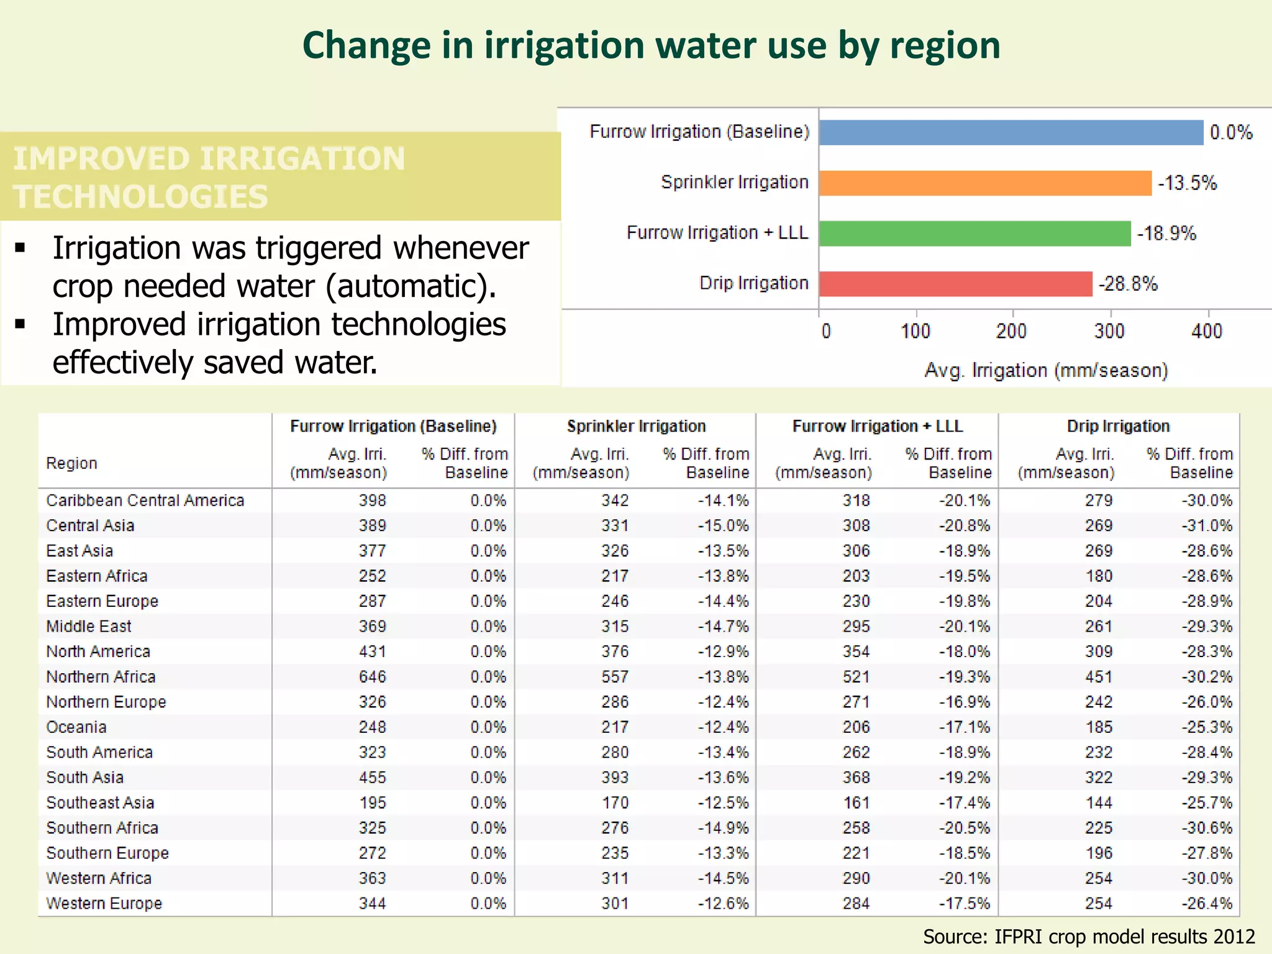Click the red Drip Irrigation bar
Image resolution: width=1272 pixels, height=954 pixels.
coord(955,284)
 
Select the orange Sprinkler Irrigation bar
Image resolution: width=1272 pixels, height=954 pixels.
coord(985,183)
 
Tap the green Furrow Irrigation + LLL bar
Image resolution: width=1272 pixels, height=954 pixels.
coord(974,234)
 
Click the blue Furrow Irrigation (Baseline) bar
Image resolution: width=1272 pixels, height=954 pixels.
coord(1011,132)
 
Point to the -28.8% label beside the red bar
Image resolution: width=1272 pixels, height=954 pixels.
coord(1128,284)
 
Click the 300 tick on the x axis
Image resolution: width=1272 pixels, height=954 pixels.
coord(1109,330)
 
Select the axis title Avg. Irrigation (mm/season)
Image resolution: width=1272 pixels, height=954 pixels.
coord(1046,371)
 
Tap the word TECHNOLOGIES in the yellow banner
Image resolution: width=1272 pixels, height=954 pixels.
coord(141,197)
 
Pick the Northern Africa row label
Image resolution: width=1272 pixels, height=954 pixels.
coord(101,677)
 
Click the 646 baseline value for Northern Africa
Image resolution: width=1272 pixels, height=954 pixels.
coord(372,677)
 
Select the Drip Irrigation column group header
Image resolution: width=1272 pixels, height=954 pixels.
coord(1118,426)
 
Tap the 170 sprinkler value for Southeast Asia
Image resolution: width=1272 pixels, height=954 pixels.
coord(615,803)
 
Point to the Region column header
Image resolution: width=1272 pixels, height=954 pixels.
coord(71,463)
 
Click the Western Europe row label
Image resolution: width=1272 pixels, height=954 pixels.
coord(104,904)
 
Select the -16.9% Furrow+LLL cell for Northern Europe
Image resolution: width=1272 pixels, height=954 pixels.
coord(964,702)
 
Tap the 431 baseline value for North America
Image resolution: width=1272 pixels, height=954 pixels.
coord(372,652)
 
